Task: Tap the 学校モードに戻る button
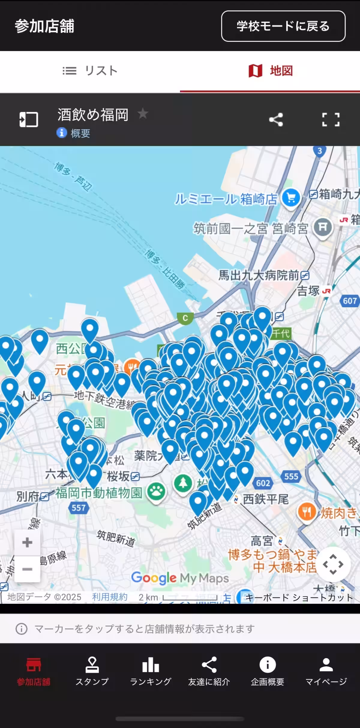[x=283, y=26]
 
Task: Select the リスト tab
[x=90, y=71]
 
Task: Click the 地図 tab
[x=270, y=71]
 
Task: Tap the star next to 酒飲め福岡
[x=143, y=114]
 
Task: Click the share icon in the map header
[x=276, y=120]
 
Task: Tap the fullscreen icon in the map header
[x=331, y=120]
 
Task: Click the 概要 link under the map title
[x=80, y=133]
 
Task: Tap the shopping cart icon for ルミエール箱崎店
[x=291, y=198]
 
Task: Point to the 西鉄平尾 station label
[x=265, y=499]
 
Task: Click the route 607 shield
[x=350, y=301]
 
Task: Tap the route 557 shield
[x=79, y=508]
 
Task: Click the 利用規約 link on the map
[x=110, y=597]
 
